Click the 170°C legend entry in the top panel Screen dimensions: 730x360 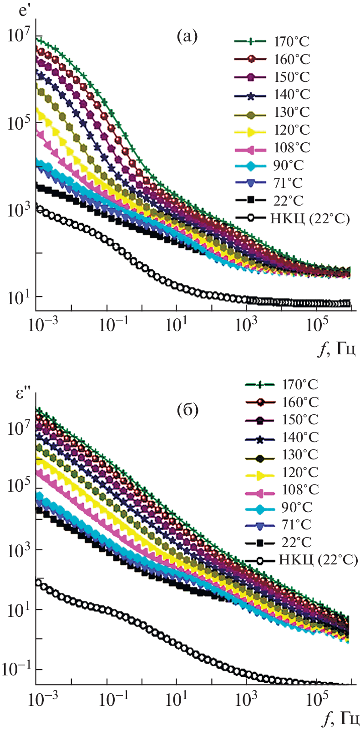tap(291, 42)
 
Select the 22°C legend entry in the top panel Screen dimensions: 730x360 tap(288, 201)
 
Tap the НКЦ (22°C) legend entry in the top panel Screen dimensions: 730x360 tap(309, 219)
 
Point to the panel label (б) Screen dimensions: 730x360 tap(187, 410)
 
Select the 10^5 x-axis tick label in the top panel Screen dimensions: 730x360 tap(317, 326)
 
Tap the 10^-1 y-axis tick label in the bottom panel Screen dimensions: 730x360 tap(17, 669)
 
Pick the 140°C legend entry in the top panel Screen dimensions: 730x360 tap(292, 95)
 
